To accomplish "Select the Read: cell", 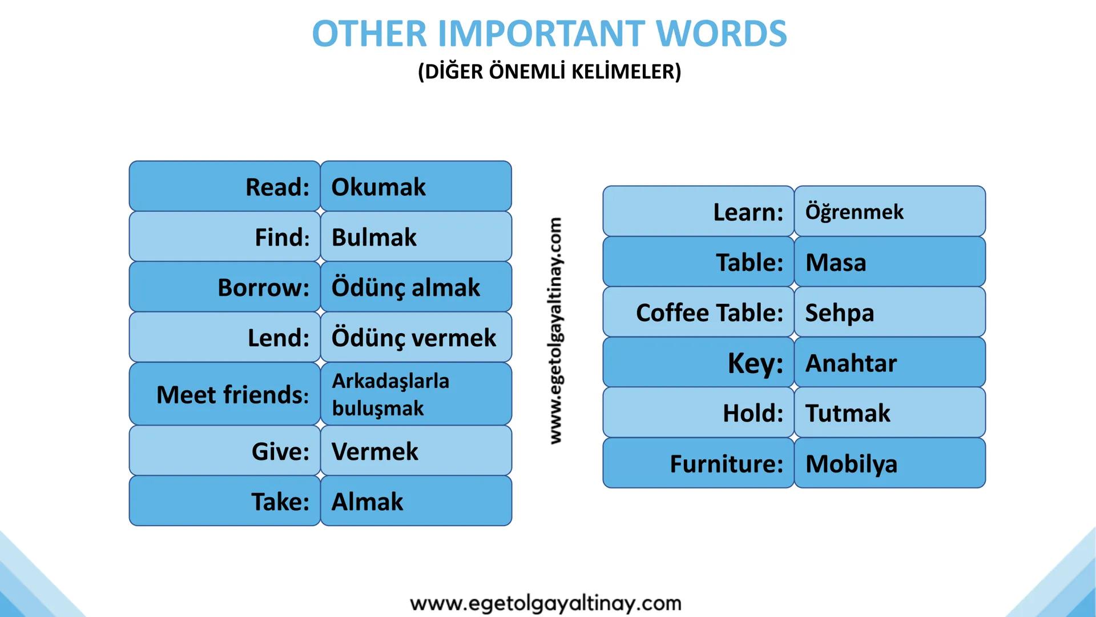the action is click(225, 186).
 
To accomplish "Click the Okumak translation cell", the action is click(416, 186).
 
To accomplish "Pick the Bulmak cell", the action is click(416, 237).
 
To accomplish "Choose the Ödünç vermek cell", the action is click(416, 337).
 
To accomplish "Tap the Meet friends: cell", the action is click(225, 394).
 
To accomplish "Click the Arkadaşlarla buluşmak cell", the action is click(416, 394).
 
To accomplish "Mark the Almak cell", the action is click(416, 500).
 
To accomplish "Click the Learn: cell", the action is click(699, 211).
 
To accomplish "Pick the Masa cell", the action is click(890, 262).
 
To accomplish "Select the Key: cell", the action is click(699, 362).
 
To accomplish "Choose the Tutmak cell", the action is click(890, 412).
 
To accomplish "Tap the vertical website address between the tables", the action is click(557, 330).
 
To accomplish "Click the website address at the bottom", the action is click(546, 603).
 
